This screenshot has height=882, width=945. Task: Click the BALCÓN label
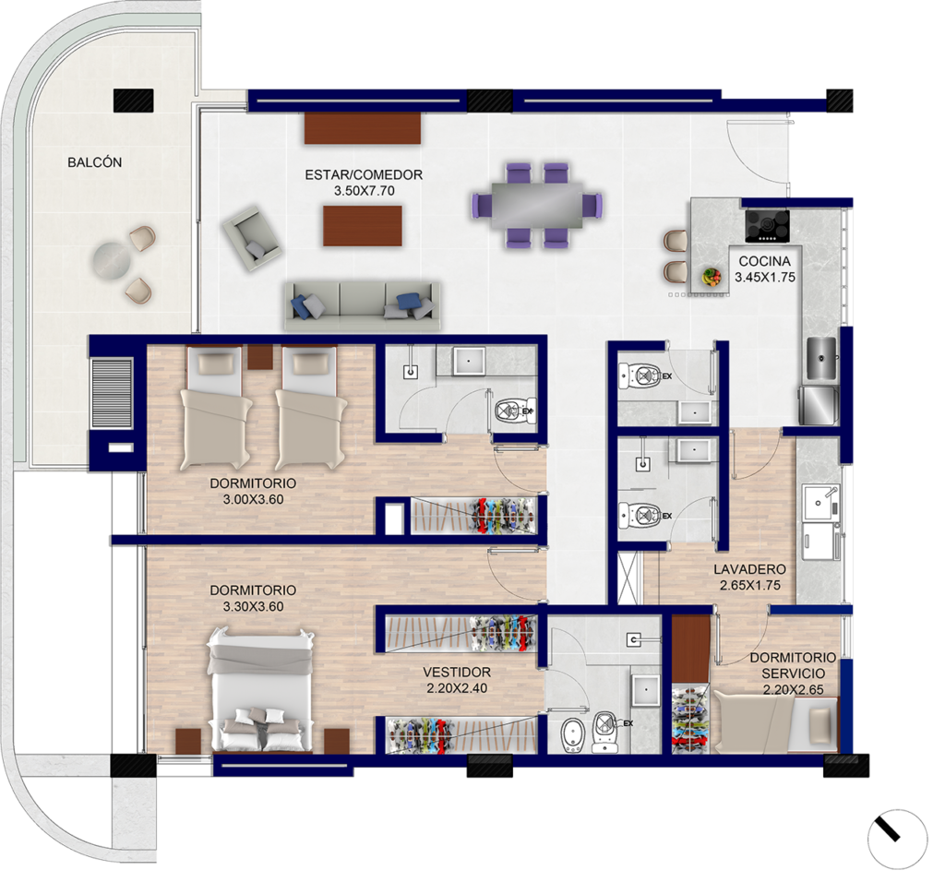point(95,162)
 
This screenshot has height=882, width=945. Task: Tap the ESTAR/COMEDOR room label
point(364,174)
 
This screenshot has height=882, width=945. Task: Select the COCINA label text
point(764,261)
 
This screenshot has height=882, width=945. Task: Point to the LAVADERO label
point(749,569)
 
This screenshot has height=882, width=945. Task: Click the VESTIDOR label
point(457,672)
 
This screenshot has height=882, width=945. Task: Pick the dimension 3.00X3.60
point(253,499)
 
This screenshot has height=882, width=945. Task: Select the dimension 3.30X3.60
point(253,607)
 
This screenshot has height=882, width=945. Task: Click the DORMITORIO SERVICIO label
point(793,666)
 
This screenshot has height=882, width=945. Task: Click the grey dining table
point(537,205)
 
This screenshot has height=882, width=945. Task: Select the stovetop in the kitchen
point(767,226)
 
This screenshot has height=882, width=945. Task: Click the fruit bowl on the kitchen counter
point(712,277)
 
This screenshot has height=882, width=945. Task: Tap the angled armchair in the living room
point(252,238)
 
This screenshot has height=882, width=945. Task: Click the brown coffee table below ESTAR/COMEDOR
point(362,226)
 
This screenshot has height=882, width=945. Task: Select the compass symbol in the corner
point(897,840)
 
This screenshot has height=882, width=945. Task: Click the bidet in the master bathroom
point(570,736)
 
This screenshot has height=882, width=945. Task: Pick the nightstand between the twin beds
point(260,357)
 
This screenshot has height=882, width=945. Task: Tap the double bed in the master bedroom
point(260,690)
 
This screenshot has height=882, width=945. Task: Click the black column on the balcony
point(133,100)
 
